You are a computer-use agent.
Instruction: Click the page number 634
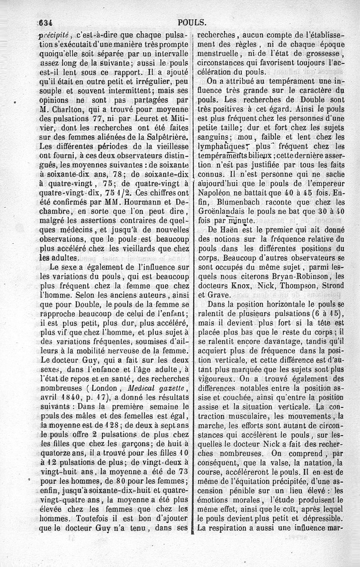click(47, 22)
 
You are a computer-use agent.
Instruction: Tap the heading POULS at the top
click(192, 22)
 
